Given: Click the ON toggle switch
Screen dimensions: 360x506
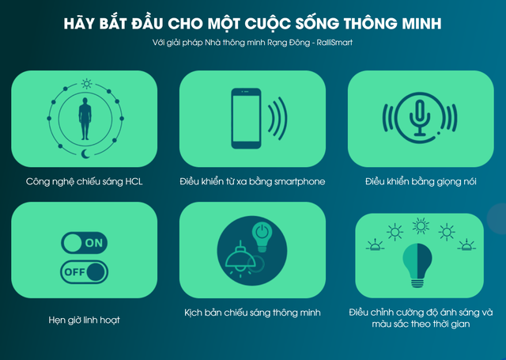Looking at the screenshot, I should [84, 243].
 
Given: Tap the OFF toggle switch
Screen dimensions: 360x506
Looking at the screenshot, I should [84, 273].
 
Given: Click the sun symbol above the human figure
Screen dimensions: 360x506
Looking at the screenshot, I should [87, 83].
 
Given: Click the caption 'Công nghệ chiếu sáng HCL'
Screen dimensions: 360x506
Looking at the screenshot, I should [84, 182].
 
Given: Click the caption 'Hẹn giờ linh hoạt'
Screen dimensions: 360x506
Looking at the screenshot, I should [84, 320].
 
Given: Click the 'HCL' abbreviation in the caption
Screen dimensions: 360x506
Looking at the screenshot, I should [132, 182].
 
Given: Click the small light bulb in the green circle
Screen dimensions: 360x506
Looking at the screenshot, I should [260, 233].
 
